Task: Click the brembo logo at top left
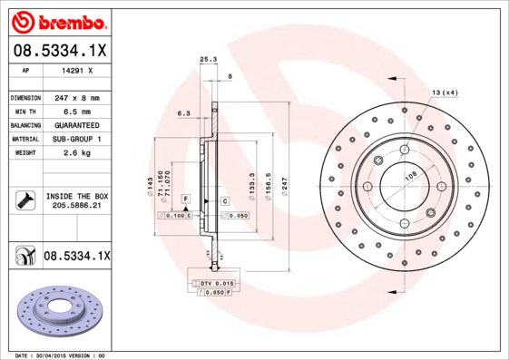pyautogui.click(x=58, y=20)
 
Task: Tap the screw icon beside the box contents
pyautogui.click(x=24, y=200)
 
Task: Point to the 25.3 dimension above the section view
pyautogui.click(x=207, y=60)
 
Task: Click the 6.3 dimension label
pyautogui.click(x=182, y=113)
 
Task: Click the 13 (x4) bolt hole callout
pyautogui.click(x=445, y=92)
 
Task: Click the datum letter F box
pyautogui.click(x=185, y=197)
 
